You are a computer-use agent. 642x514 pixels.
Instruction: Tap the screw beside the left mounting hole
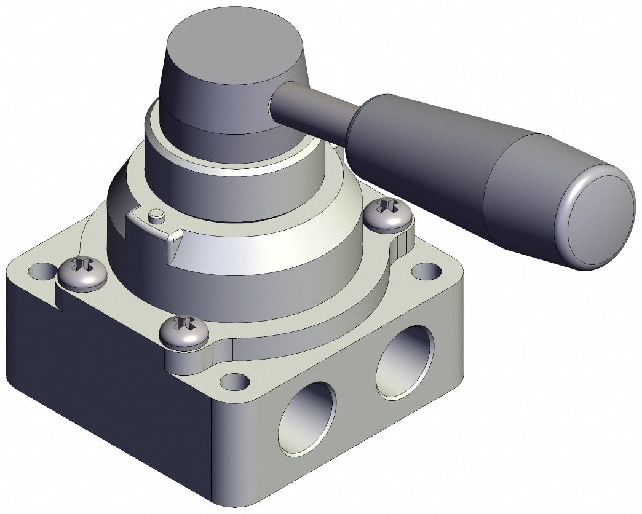[x=82, y=274]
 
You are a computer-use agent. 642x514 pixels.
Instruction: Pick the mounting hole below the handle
[x=424, y=271]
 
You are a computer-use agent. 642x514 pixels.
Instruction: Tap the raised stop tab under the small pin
[x=154, y=231]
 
